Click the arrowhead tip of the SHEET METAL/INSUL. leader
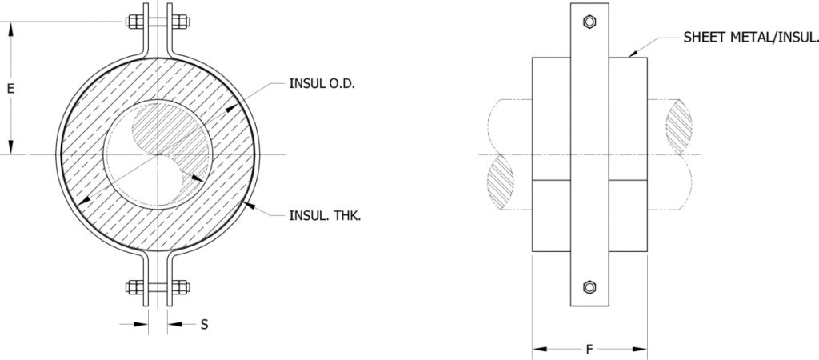pos(629,57)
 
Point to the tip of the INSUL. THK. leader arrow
pos(246,203)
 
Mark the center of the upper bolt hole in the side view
pos(589,22)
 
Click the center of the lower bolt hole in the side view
pos(589,287)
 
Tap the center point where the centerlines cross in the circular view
pos(158,154)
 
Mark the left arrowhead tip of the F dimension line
pos(532,349)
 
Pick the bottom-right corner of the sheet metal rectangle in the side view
pos(647,251)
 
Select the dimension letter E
pos(10,89)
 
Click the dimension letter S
pos(205,325)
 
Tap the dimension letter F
pos(589,350)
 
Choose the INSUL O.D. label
pos(322,83)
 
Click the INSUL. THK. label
pos(325,216)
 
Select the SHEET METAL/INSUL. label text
pos(750,37)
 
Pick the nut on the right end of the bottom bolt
pos(182,287)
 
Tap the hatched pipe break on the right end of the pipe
pos(679,126)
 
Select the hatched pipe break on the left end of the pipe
pos(500,182)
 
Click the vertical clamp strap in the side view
pos(589,154)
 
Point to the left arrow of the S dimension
pos(134,325)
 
